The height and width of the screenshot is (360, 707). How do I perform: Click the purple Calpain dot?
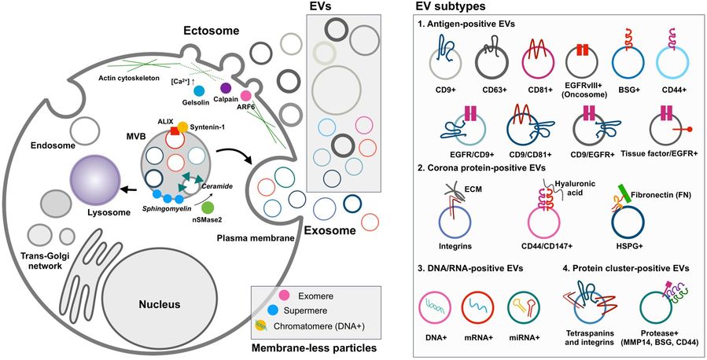click(225, 88)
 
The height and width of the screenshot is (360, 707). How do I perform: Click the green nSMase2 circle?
click(208, 208)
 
